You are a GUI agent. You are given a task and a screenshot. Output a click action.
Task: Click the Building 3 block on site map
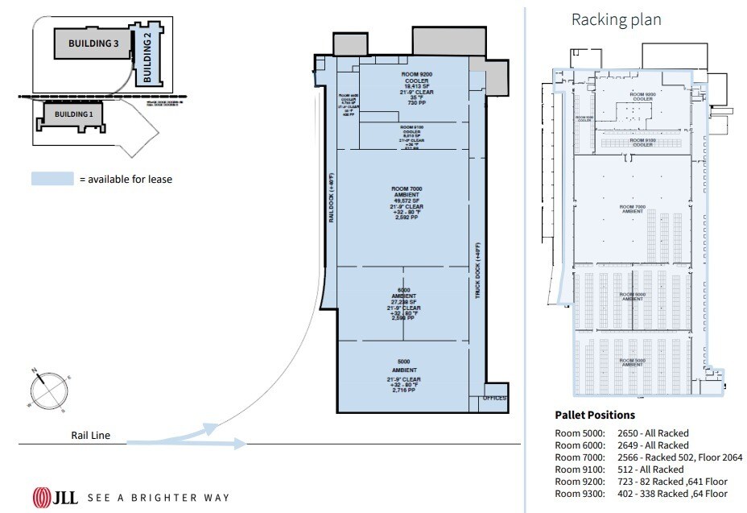93,43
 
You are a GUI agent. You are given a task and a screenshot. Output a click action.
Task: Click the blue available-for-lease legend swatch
52,179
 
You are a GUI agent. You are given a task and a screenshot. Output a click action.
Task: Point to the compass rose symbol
46,390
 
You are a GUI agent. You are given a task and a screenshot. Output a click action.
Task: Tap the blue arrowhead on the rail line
239,443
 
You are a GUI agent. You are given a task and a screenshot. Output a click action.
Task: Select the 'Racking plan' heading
616,19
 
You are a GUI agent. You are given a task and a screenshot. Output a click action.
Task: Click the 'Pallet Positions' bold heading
595,415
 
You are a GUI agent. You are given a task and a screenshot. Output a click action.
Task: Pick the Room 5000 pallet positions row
622,433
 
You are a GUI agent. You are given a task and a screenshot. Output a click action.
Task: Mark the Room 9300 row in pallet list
642,493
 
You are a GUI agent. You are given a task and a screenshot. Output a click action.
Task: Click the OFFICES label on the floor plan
494,399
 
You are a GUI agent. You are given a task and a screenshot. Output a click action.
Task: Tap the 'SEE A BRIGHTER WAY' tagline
158,498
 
